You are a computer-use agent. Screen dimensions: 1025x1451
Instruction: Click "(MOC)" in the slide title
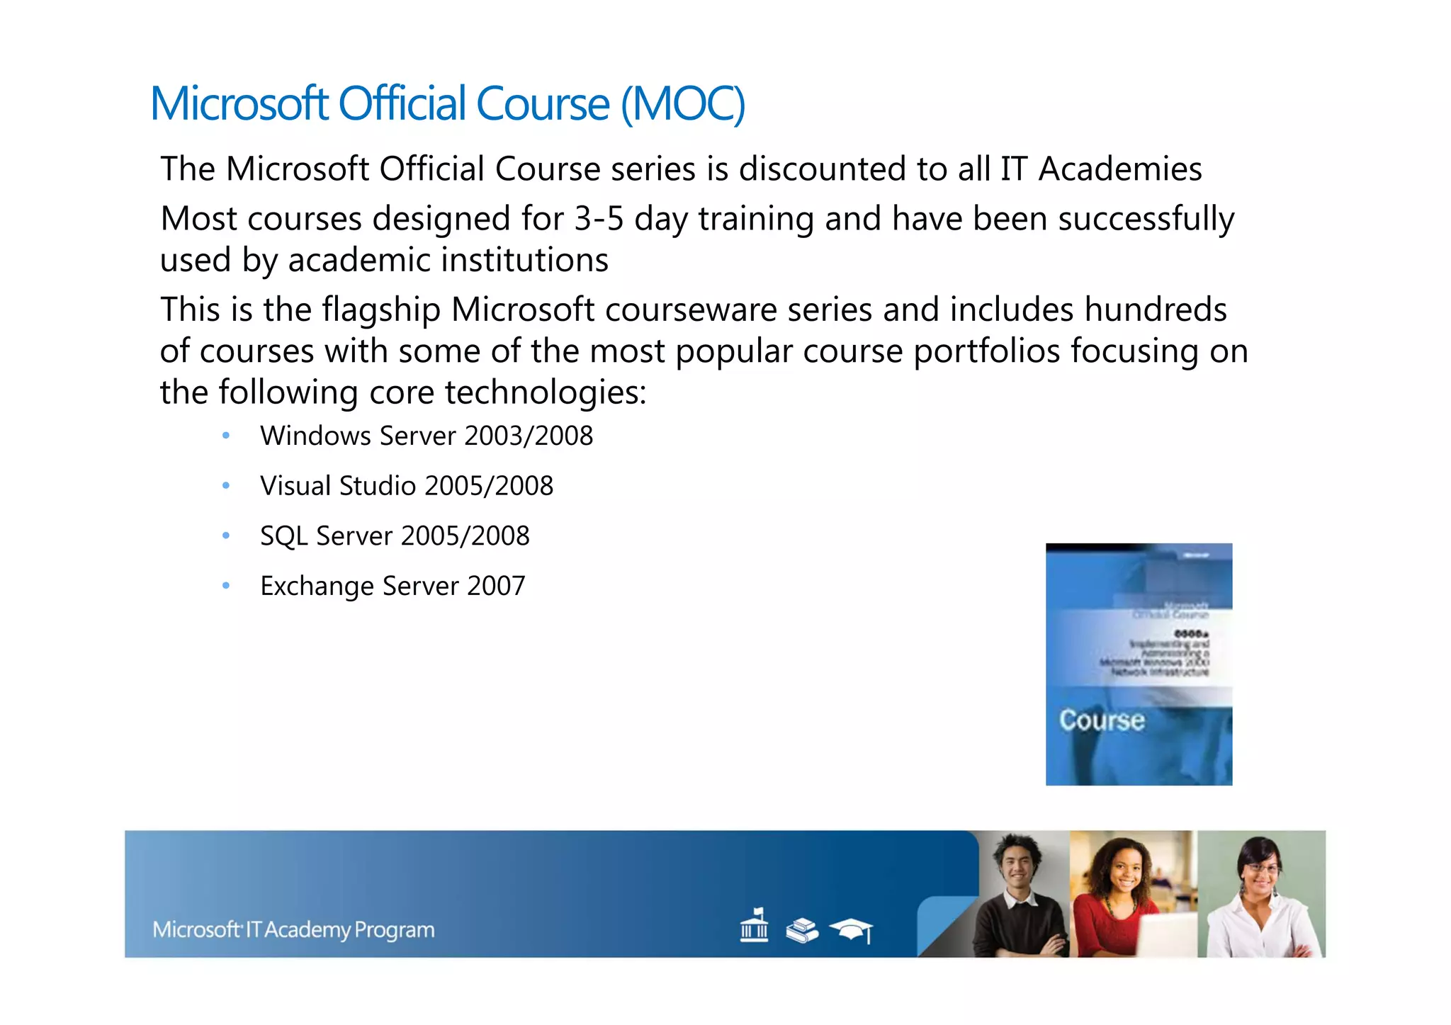pyautogui.click(x=683, y=104)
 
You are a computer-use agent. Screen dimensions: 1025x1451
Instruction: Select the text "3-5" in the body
pyautogui.click(x=599, y=219)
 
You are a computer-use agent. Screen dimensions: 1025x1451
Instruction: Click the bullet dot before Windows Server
pyautogui.click(x=226, y=436)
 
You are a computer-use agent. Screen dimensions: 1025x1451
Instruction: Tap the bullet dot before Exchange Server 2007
pyautogui.click(x=226, y=586)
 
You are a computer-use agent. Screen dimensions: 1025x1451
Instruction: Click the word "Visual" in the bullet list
pyautogui.click(x=295, y=486)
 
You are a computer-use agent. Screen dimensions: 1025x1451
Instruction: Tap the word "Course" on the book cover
pyautogui.click(x=1102, y=720)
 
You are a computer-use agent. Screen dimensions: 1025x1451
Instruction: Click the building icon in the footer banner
pyautogui.click(x=754, y=926)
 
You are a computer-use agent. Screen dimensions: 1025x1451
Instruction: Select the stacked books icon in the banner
pyautogui.click(x=801, y=930)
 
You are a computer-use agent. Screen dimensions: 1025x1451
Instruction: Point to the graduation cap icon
pyautogui.click(x=852, y=929)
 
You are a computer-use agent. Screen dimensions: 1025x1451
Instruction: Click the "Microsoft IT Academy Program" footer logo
pyautogui.click(x=293, y=929)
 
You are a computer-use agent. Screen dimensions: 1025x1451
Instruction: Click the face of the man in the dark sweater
pyautogui.click(x=1017, y=867)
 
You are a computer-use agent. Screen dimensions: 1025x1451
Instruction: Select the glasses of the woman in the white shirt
pyautogui.click(x=1261, y=868)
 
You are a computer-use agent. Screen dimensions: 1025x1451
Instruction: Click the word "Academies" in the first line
pyautogui.click(x=1120, y=169)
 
